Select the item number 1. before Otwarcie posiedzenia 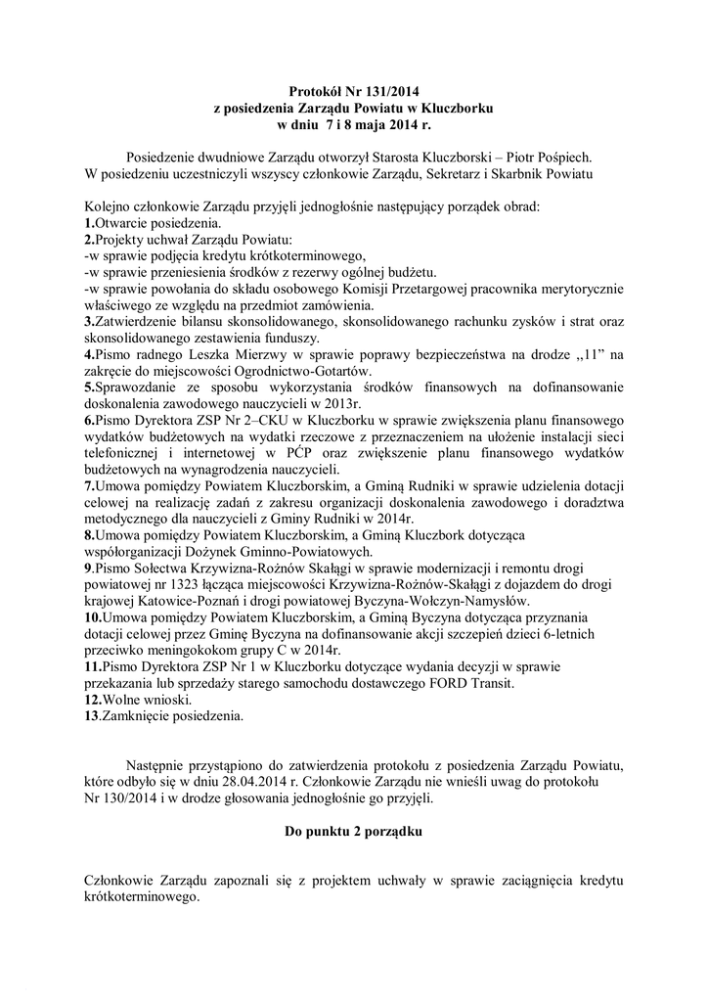pyautogui.click(x=89, y=224)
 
